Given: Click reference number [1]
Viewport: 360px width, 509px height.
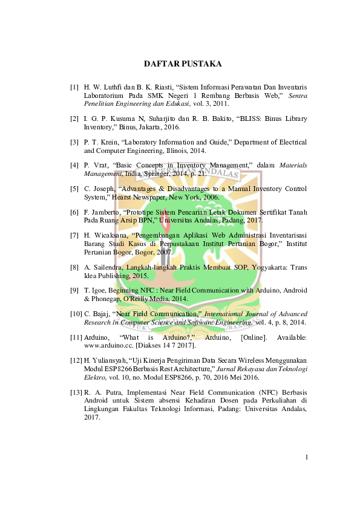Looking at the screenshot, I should click(x=74, y=86).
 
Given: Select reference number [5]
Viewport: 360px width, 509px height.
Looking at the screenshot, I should click(x=74, y=189).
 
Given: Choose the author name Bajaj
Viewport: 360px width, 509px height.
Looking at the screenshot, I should click(x=105, y=314).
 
